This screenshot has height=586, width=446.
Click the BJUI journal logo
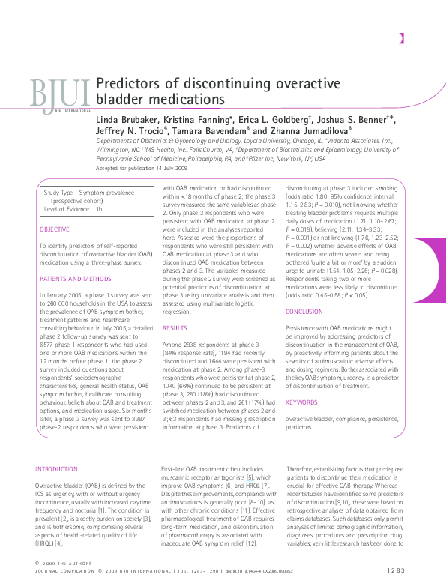pos(60,92)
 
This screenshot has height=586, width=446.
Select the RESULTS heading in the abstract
pos(174,328)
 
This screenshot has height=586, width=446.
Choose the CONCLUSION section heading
pos(304,312)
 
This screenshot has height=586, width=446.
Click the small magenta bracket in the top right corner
pos(403,39)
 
